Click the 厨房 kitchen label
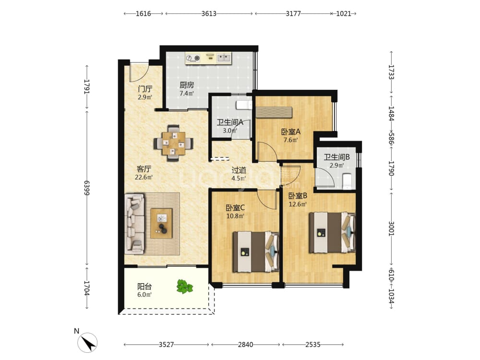tap(187, 85)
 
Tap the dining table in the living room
tap(174, 143)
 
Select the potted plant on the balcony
tap(185, 287)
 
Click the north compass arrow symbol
tap(87, 342)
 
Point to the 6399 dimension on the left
tap(87, 188)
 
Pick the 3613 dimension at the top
tap(209, 14)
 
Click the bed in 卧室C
tap(256, 252)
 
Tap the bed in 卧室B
tap(333, 233)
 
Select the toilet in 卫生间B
tap(348, 181)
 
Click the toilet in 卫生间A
tap(244, 105)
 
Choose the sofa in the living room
tap(135, 224)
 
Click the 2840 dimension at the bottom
tap(245, 345)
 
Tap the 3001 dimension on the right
tap(391, 228)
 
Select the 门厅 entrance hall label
tap(145, 89)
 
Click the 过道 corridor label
tap(239, 170)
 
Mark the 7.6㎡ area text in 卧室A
tap(290, 140)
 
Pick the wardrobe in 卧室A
tap(274, 112)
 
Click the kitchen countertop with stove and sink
tap(209, 58)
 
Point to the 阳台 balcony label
tap(144, 287)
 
